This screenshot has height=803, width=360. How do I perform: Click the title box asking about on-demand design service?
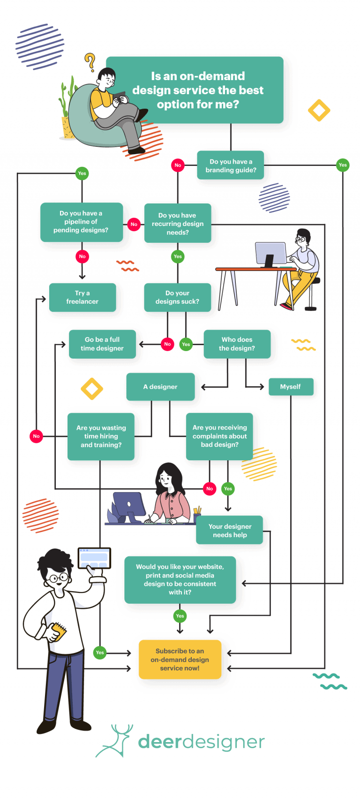click(x=195, y=90)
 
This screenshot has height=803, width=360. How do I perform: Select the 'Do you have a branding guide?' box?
click(x=230, y=165)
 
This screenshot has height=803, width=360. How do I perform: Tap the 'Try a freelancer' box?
click(x=82, y=297)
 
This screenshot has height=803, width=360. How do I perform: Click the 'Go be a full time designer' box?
click(x=102, y=344)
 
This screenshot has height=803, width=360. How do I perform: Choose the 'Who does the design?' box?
click(x=237, y=344)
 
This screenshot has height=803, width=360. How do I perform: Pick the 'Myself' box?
click(x=291, y=387)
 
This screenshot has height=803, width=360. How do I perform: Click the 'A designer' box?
click(x=160, y=387)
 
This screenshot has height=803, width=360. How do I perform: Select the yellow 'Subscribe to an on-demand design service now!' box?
click(x=180, y=659)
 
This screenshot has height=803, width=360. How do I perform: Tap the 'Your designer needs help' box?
click(x=229, y=530)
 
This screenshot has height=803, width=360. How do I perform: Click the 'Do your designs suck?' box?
click(x=177, y=297)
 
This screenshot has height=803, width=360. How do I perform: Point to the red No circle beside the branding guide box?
click(x=178, y=165)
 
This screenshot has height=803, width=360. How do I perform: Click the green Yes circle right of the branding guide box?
click(x=343, y=165)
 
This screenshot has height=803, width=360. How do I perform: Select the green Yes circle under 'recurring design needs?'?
click(x=178, y=256)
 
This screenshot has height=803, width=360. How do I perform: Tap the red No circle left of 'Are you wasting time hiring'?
click(x=36, y=436)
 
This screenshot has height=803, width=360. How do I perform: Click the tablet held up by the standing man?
click(x=94, y=558)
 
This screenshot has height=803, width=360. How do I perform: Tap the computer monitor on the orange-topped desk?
click(x=270, y=254)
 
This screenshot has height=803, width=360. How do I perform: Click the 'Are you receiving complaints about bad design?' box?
click(x=219, y=436)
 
